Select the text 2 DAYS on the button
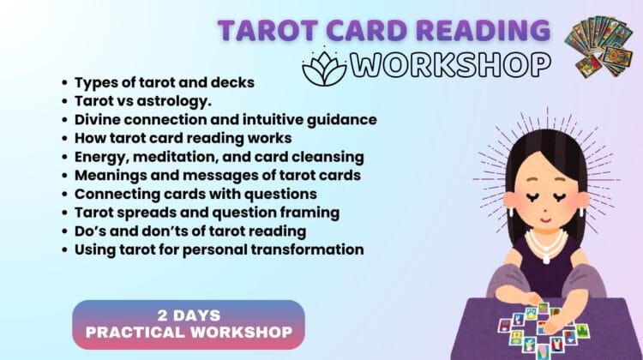[188, 314]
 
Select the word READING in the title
[481, 30]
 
